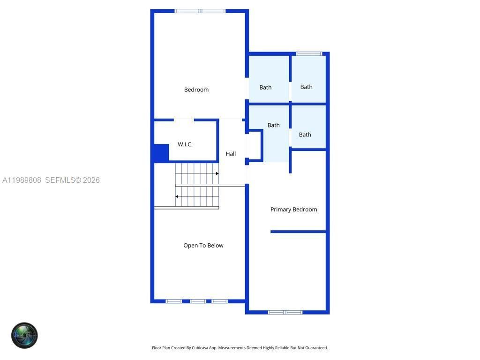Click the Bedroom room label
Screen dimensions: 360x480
pyautogui.click(x=196, y=90)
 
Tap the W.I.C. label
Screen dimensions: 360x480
pyautogui.click(x=185, y=144)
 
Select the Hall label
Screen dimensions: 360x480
pyautogui.click(x=231, y=154)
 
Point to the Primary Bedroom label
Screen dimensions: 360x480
pyautogui.click(x=293, y=210)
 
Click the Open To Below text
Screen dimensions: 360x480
pyautogui.click(x=203, y=245)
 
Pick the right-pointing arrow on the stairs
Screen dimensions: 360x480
pyautogui.click(x=217, y=173)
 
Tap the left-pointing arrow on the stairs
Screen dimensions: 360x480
pyautogui.click(x=177, y=196)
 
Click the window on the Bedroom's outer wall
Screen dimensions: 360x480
pyautogui.click(x=200, y=11)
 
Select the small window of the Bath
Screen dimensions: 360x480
pyautogui.click(x=309, y=53)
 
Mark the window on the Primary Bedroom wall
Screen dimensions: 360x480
pyautogui.click(x=285, y=312)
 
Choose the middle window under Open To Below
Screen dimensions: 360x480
pyautogui.click(x=198, y=301)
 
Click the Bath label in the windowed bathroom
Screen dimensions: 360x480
pyautogui.click(x=306, y=87)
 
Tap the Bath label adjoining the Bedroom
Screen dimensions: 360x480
pyautogui.click(x=265, y=87)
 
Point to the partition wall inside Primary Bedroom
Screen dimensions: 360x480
pyautogui.click(x=298, y=232)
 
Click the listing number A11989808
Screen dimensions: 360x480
pyautogui.click(x=22, y=180)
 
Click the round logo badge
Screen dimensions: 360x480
pyautogui.click(x=24, y=335)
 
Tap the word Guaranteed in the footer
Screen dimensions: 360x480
pyautogui.click(x=315, y=348)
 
